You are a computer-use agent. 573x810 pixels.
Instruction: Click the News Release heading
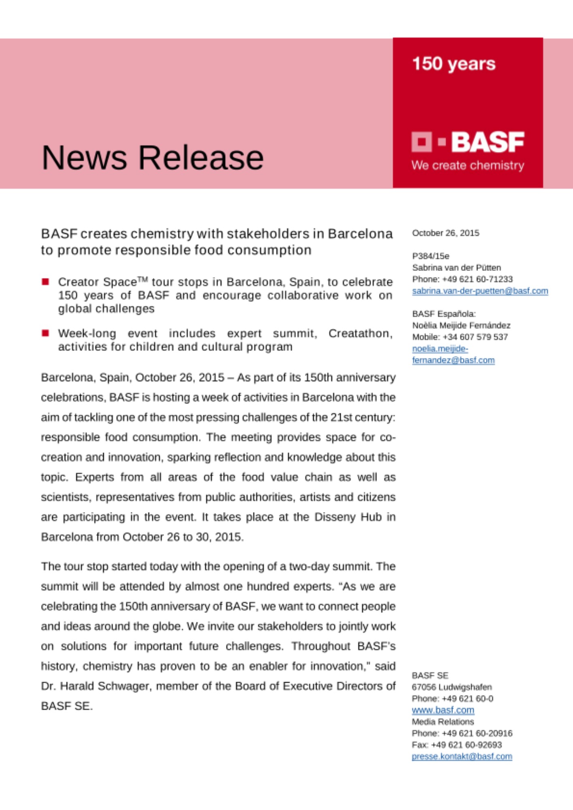pos(152,158)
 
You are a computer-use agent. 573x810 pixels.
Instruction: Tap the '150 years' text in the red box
pos(453,64)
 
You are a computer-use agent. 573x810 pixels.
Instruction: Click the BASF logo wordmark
pos(487,142)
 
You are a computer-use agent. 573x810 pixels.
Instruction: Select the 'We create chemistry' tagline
pos(468,166)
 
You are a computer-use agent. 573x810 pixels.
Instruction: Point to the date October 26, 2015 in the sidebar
pos(445,233)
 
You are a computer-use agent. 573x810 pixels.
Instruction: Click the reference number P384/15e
pos(430,256)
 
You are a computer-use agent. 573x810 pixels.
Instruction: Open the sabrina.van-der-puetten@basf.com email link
pos(480,291)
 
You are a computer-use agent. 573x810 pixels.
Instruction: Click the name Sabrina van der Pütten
pos(456,268)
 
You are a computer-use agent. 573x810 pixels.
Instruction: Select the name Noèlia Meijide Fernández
pos(461,325)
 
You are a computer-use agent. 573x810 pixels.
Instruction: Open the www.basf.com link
pos(443,710)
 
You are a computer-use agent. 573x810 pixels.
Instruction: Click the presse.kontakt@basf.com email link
pos(462,756)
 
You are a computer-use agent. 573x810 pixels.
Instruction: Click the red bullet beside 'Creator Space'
pos(45,281)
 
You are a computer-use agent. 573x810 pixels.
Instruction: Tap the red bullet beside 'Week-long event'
pos(45,333)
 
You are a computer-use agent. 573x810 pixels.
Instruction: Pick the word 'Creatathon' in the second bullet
pos(359,333)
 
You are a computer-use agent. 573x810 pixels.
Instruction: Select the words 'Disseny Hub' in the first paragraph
pos(348,517)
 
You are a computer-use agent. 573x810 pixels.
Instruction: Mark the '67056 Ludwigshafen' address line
pos(451,687)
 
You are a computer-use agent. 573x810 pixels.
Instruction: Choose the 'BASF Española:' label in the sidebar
pos(444,314)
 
